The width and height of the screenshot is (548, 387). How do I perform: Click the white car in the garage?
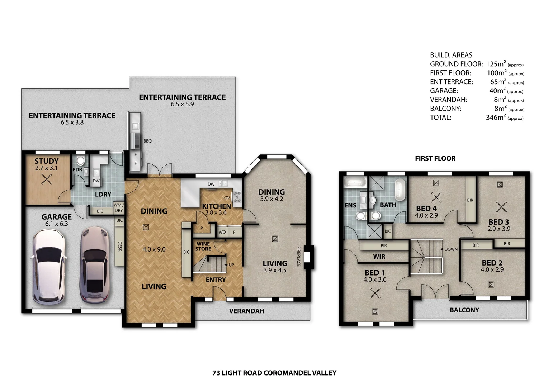tap(49, 267)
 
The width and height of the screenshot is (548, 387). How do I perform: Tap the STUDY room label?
tap(47, 161)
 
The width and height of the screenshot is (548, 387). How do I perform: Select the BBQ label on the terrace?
tap(147, 141)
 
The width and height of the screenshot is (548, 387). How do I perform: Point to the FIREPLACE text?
tap(298, 256)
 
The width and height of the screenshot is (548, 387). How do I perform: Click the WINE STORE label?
tap(203, 247)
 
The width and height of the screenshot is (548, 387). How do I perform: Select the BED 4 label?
tap(426, 209)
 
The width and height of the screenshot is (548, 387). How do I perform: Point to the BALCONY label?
tap(464, 310)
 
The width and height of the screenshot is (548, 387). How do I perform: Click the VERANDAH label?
tap(247, 311)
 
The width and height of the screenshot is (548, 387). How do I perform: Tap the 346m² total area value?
tap(496, 117)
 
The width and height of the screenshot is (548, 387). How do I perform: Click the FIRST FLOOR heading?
tap(435, 158)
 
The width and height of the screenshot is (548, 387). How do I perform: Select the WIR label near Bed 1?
tap(379, 257)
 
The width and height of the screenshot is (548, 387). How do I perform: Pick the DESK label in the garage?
tap(120, 246)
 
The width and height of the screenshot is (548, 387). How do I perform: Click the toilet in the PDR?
tap(80, 161)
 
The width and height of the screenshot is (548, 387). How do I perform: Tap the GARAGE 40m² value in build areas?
tap(497, 91)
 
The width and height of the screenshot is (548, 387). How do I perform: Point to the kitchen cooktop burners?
tap(237, 197)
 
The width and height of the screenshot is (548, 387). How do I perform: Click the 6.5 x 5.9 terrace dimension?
tap(182, 104)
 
